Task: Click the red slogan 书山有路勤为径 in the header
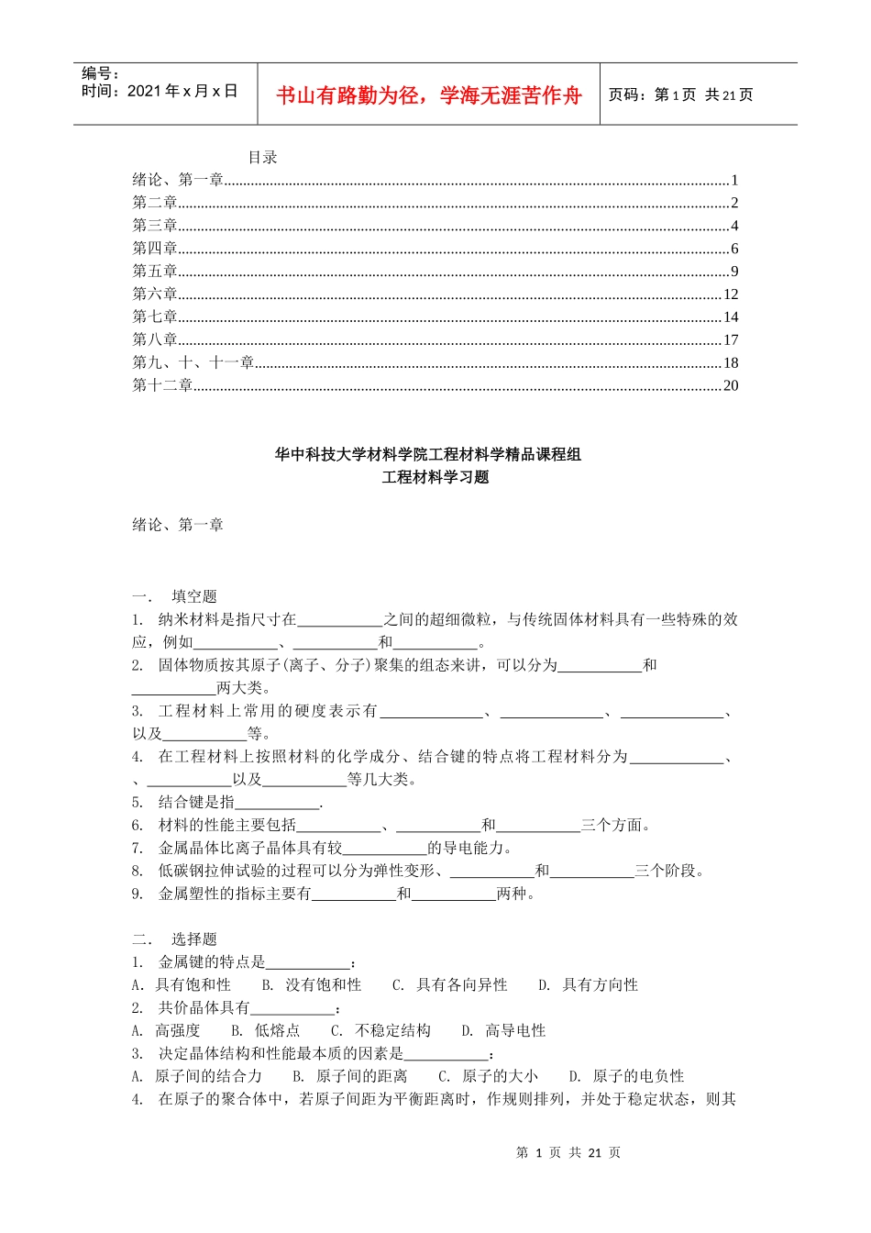click(x=429, y=95)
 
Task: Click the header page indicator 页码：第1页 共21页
click(x=680, y=95)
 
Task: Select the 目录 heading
click(x=262, y=158)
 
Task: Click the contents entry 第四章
click(x=154, y=249)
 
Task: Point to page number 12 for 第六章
click(x=731, y=294)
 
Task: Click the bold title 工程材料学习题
click(x=435, y=477)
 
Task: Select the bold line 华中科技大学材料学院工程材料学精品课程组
click(x=428, y=454)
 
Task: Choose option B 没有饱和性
click(x=313, y=985)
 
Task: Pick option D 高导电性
click(x=504, y=1031)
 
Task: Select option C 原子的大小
click(x=489, y=1076)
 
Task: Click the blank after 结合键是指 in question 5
click(x=277, y=803)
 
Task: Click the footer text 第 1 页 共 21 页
click(x=568, y=1153)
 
